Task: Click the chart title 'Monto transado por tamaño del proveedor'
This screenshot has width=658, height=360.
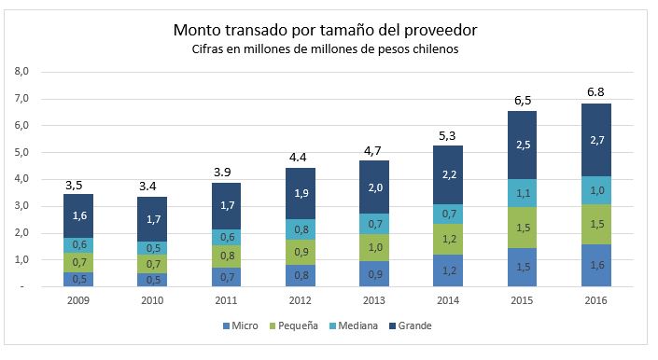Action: pyautogui.click(x=325, y=31)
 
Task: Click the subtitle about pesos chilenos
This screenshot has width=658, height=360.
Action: pyautogui.click(x=325, y=49)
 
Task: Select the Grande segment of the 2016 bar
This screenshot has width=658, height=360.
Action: pyautogui.click(x=595, y=140)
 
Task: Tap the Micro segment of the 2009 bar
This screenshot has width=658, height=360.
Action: pyautogui.click(x=78, y=279)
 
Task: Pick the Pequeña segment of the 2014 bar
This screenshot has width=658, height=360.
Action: pyautogui.click(x=448, y=240)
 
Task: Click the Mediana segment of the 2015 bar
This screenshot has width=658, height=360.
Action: pyautogui.click(x=522, y=193)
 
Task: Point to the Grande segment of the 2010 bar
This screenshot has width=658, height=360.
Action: pyautogui.click(x=152, y=219)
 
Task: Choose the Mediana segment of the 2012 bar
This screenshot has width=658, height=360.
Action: pyautogui.click(x=301, y=229)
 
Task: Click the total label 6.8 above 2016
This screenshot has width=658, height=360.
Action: pyautogui.click(x=595, y=92)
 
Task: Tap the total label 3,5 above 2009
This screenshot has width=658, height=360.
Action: pyautogui.click(x=74, y=186)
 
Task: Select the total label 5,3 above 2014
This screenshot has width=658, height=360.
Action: pyautogui.click(x=447, y=136)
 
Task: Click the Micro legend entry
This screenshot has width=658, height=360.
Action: pyautogui.click(x=241, y=325)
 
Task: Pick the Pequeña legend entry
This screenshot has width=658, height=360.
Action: pyautogui.click(x=293, y=325)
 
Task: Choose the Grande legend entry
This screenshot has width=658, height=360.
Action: pyautogui.click(x=411, y=325)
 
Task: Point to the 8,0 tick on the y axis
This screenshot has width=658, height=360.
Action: pyautogui.click(x=21, y=71)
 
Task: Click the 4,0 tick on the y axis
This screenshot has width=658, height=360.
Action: pyautogui.click(x=21, y=179)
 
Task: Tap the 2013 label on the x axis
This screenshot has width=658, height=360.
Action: pyautogui.click(x=374, y=300)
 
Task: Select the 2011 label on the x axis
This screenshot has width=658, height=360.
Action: pyautogui.click(x=226, y=300)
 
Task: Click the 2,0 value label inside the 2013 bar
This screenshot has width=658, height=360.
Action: pyautogui.click(x=375, y=187)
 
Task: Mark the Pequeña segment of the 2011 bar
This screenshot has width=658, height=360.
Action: pyautogui.click(x=226, y=256)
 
